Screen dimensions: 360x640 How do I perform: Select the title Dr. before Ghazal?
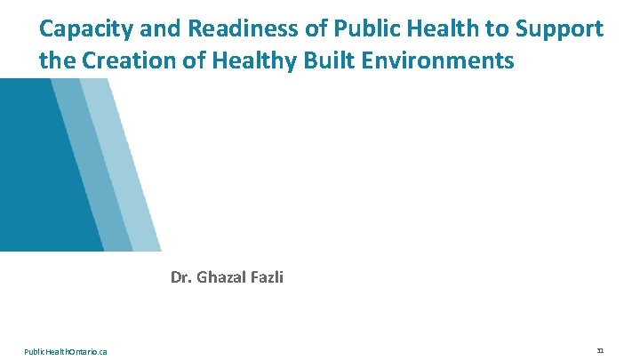(180, 277)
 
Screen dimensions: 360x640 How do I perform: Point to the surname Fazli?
(266, 277)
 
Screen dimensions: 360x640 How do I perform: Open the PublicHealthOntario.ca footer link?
(66, 352)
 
